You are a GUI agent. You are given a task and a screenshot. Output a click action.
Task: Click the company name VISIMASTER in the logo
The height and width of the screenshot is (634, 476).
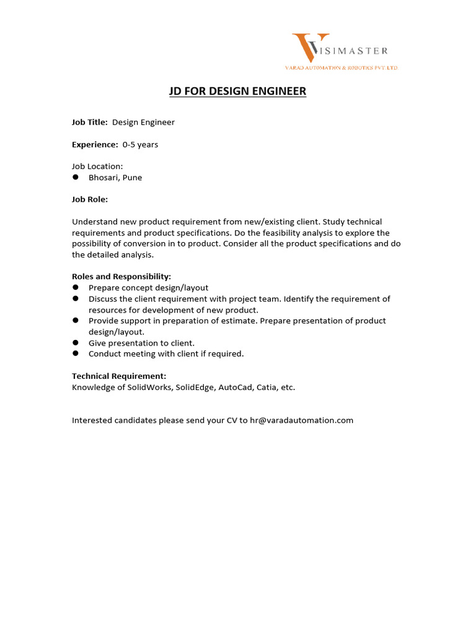pyautogui.click(x=353, y=50)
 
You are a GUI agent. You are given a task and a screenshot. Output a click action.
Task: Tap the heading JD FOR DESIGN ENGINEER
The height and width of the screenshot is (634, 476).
pyautogui.click(x=238, y=92)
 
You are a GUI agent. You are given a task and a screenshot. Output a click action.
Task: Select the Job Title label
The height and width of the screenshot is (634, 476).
pyautogui.click(x=90, y=123)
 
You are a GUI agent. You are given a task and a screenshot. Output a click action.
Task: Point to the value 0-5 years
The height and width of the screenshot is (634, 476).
pyautogui.click(x=140, y=145)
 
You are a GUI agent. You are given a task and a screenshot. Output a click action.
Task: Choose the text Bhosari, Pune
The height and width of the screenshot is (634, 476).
pyautogui.click(x=115, y=178)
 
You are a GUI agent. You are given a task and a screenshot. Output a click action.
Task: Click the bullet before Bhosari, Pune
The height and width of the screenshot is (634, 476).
pyautogui.click(x=76, y=177)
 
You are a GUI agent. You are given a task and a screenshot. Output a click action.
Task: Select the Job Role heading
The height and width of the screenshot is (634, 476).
pyautogui.click(x=90, y=199)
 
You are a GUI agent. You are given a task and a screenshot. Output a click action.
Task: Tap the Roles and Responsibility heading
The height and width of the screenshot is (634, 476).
pyautogui.click(x=121, y=277)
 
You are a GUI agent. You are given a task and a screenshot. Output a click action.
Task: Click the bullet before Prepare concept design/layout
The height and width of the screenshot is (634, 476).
pyautogui.click(x=76, y=287)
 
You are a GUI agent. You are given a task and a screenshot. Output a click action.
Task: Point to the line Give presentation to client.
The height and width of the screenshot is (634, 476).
pyautogui.click(x=141, y=343)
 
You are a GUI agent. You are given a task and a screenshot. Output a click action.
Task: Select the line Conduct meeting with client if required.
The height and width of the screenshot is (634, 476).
pyautogui.click(x=166, y=354)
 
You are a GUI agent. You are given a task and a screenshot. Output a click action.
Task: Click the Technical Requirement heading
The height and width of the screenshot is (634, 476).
pyautogui.click(x=119, y=376)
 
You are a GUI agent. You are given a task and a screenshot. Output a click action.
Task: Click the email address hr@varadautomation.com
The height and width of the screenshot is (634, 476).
pyautogui.click(x=301, y=420)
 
